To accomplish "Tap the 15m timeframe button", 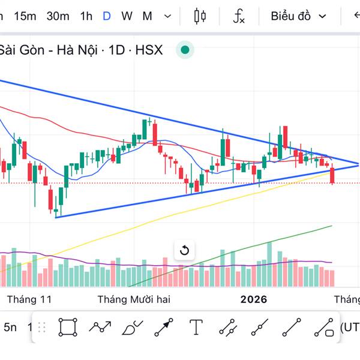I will coord(25,16).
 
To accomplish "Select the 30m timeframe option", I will coord(58,16).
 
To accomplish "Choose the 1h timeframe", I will coord(86,16).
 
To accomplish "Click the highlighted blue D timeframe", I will coord(106,16).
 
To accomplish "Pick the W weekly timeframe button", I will coord(127,16).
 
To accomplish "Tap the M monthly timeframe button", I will coord(147,16).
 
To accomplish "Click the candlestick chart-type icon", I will coord(200,16).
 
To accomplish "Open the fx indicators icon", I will coord(239,16).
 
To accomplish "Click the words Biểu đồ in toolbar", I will coord(290,16).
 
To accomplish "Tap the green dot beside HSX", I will coord(185,50).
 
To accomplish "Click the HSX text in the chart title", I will coord(149,50).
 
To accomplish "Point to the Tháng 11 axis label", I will coord(29,299).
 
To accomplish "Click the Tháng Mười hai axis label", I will coord(134,299).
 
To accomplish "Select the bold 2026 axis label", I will coord(253,299).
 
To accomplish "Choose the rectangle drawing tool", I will coord(68,327).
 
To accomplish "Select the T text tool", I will coord(196,327).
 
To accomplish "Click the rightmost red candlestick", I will coord(332,176).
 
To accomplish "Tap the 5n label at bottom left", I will coord(10,327).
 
